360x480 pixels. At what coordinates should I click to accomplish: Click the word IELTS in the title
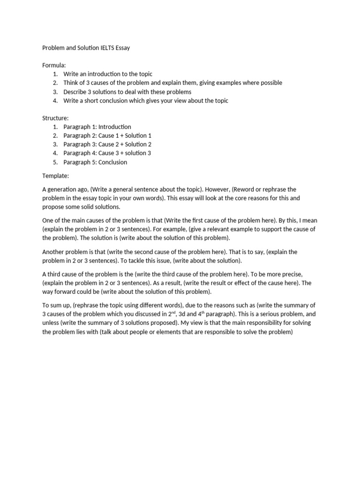coord(107,48)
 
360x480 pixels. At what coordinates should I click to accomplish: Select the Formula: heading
coord(54,65)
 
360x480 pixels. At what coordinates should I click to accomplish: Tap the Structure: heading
coord(56,118)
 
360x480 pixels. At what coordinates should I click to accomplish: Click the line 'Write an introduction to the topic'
coord(108,74)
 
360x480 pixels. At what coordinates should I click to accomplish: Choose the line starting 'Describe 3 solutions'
coord(127,92)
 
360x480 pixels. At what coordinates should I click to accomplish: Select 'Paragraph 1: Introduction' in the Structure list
coord(97,127)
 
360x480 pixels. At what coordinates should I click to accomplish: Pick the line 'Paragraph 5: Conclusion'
coord(96,162)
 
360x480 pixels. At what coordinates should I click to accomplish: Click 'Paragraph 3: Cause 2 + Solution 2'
coord(107,144)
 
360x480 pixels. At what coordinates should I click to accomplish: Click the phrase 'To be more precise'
coord(271,274)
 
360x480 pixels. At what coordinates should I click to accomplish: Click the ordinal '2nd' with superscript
coord(172,314)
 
